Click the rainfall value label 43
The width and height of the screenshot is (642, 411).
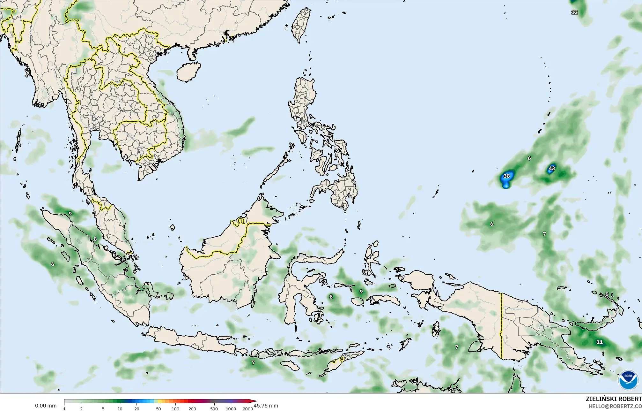click(x=552, y=168)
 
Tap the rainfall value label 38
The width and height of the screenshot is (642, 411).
click(x=506, y=176)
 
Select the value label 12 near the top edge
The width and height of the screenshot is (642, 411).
click(x=574, y=12)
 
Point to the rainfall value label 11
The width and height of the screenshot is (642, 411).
click(x=600, y=342)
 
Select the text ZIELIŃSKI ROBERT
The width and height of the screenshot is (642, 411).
click(x=614, y=399)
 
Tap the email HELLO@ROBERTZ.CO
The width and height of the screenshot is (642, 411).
click(x=615, y=406)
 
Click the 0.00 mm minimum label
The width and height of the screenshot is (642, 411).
click(x=46, y=406)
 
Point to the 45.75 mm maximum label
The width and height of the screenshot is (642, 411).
click(x=266, y=406)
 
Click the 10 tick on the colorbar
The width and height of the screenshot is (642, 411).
click(x=120, y=408)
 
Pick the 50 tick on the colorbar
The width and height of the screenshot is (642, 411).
click(x=159, y=408)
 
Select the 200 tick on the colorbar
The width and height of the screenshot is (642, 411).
click(x=192, y=408)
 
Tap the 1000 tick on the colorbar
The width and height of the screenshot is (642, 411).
click(x=231, y=408)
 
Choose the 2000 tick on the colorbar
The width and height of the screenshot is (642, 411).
click(x=248, y=408)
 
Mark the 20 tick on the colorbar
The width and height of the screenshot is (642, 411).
click(x=137, y=408)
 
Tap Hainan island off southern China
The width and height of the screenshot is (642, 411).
click(x=188, y=72)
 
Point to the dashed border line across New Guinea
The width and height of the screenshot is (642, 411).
click(x=501, y=326)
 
